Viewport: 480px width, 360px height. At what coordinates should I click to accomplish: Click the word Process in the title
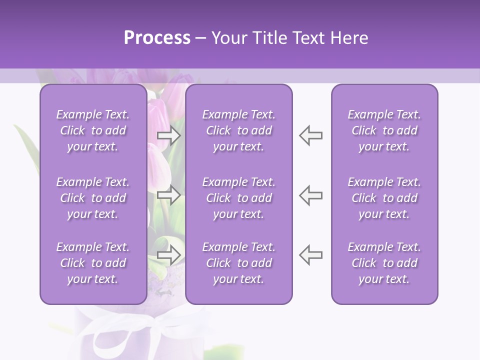point(156,38)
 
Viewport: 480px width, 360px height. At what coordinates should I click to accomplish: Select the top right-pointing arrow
point(168,135)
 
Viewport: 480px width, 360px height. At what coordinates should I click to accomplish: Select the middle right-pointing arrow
point(168,195)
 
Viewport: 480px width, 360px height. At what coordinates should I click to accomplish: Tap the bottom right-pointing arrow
point(168,254)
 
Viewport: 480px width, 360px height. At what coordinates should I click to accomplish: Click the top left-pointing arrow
point(311,135)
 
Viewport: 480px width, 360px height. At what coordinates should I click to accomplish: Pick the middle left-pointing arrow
point(311,195)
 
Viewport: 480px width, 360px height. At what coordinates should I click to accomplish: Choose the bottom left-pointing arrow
point(311,254)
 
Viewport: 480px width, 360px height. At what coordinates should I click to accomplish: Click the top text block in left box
point(93,130)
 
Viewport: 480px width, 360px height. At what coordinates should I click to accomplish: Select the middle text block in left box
point(93,198)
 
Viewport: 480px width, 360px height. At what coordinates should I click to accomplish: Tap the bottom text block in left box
point(93,263)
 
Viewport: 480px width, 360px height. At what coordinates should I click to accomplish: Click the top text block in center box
point(239,130)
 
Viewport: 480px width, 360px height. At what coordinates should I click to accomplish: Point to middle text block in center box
point(239,198)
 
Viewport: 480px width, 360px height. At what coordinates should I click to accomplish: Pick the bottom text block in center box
point(239,263)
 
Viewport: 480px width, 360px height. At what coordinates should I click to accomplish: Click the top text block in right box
point(384,130)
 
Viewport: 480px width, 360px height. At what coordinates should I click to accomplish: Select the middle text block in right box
point(384,198)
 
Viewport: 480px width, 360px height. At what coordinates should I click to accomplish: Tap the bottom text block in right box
point(384,263)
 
